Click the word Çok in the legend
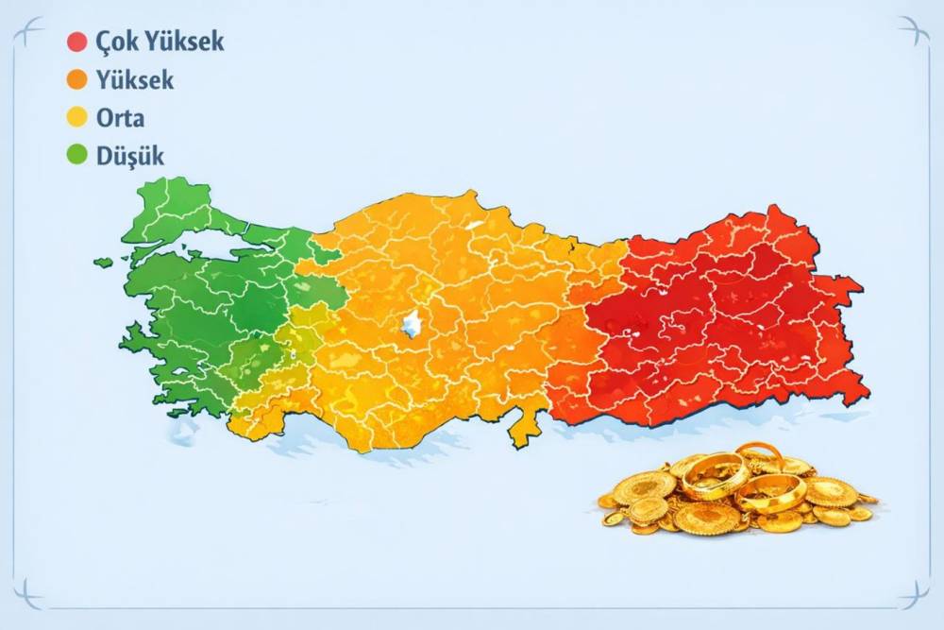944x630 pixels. point(115,42)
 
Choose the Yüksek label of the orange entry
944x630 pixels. point(135,81)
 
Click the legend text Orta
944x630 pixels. point(120,119)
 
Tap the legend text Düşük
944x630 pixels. point(129,156)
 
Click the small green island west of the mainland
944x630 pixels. point(103,262)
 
